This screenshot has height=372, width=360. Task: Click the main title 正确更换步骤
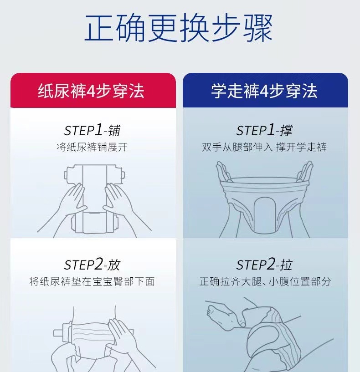point(178,28)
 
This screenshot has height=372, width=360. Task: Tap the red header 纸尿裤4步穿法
point(91,91)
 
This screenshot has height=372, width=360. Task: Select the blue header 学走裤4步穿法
point(264,91)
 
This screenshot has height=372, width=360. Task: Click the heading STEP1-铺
point(92,130)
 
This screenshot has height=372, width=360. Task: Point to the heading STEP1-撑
point(264,130)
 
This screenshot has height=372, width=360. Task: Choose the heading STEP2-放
point(92,265)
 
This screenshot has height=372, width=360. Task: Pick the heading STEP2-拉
point(264,265)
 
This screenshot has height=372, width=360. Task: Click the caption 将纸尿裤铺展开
point(92,147)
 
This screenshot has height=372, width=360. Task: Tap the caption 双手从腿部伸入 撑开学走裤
point(264,147)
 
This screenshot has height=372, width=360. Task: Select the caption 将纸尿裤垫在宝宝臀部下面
point(92,281)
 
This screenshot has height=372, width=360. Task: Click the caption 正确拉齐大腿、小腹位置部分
point(265,281)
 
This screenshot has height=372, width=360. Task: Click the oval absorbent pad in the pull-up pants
point(264,214)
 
